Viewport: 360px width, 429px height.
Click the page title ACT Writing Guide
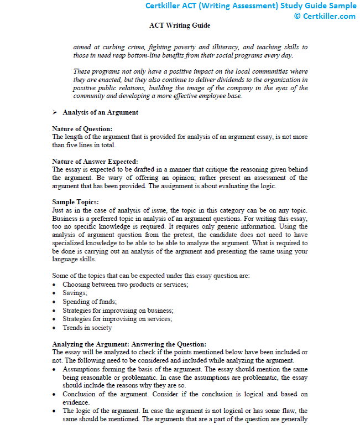pos(180,25)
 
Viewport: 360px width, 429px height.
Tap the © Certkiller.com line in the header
pos(325,16)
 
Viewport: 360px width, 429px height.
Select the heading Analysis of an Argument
pos(100,112)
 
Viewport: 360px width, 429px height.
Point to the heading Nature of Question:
pos(82,129)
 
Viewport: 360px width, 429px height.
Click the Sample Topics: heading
pos(75,201)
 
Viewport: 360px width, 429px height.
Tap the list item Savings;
pos(75,293)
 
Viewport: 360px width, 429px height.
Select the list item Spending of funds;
pos(90,302)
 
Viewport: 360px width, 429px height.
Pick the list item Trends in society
pos(87,328)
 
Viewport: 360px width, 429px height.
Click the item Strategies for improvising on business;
pos(118,311)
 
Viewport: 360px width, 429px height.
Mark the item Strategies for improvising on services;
pos(117,319)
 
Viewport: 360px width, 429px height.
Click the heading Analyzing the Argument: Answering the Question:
pos(129,344)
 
